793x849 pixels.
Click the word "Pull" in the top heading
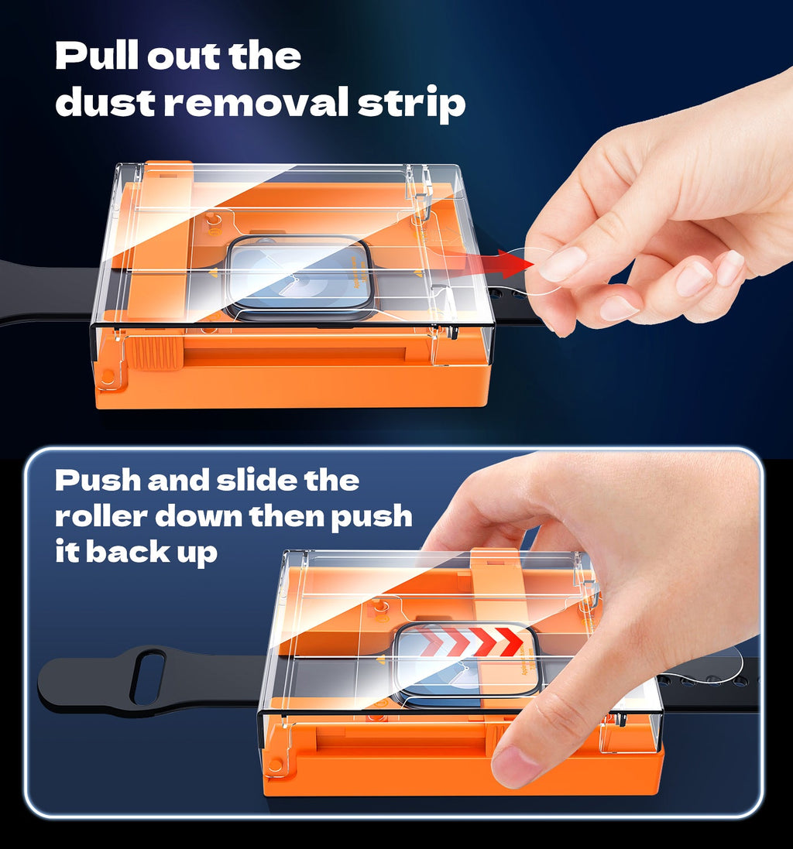pos(97,55)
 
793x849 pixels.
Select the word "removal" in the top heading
pos(256,101)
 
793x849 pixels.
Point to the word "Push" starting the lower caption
pos(98,481)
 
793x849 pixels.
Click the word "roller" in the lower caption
pos(101,516)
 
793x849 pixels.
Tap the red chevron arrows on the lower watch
pos(472,642)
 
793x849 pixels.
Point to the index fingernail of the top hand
pos(563,264)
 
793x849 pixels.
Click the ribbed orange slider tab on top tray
pos(154,354)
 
